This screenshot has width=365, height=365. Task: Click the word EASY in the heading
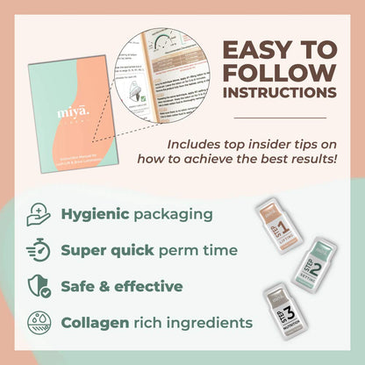249,48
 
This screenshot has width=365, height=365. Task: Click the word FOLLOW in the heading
277,71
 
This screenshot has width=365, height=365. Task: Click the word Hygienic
94,214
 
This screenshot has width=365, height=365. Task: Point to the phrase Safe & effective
121,285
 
